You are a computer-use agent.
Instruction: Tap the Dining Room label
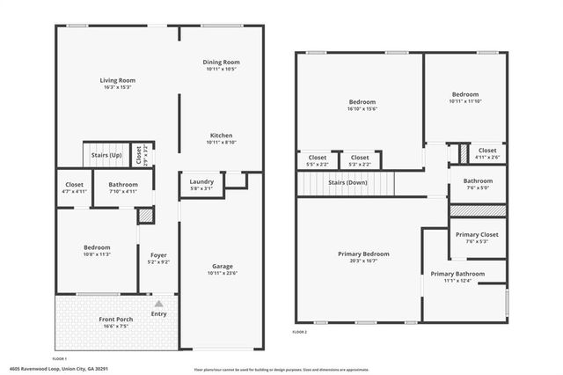221,62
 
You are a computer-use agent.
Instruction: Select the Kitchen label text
221,136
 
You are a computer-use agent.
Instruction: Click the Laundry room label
201,182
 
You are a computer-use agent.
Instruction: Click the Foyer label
157,255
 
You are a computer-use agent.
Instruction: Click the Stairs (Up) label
106,155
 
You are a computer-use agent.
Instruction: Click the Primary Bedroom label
363,254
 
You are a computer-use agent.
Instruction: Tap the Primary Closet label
478,235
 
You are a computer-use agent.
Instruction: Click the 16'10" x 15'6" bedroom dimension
362,109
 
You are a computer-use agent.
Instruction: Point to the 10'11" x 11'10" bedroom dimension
466,100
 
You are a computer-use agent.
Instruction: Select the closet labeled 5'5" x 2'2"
317,164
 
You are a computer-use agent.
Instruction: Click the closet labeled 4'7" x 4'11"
75,190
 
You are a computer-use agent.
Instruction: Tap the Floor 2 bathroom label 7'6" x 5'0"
479,187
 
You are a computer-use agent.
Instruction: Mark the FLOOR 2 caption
300,332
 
